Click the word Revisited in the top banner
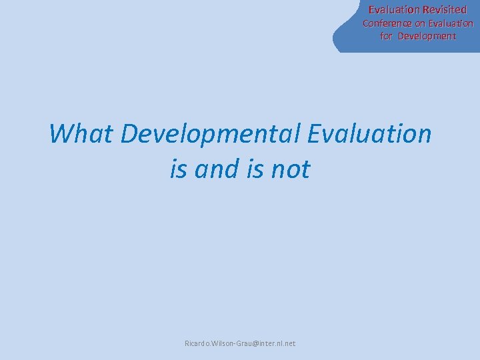pos(445,10)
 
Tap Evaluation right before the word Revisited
pos(395,10)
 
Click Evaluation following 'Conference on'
pos(451,23)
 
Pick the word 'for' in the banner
pos(387,36)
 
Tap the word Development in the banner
pos(427,36)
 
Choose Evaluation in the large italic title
pos(369,133)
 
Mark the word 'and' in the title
pos(217,169)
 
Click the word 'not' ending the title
pos(291,169)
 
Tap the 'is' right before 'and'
pos(178,169)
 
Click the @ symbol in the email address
pos(250,343)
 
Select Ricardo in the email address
pos(197,343)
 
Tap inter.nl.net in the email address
pos(275,343)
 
